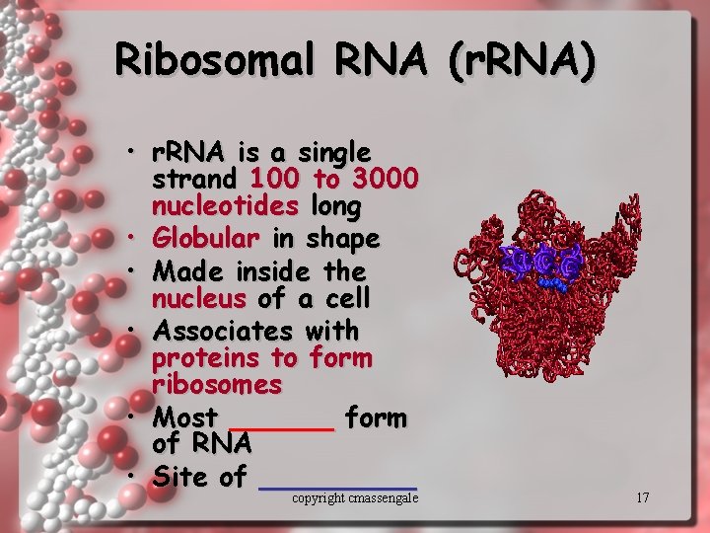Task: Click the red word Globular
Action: click(206, 239)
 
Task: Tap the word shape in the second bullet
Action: click(343, 239)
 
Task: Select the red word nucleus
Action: click(198, 297)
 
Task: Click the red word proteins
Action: click(208, 356)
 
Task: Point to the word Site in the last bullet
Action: click(181, 477)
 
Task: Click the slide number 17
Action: click(642, 497)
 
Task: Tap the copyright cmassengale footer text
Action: click(355, 498)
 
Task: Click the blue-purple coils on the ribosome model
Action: click(541, 263)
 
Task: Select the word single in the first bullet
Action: click(334, 153)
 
